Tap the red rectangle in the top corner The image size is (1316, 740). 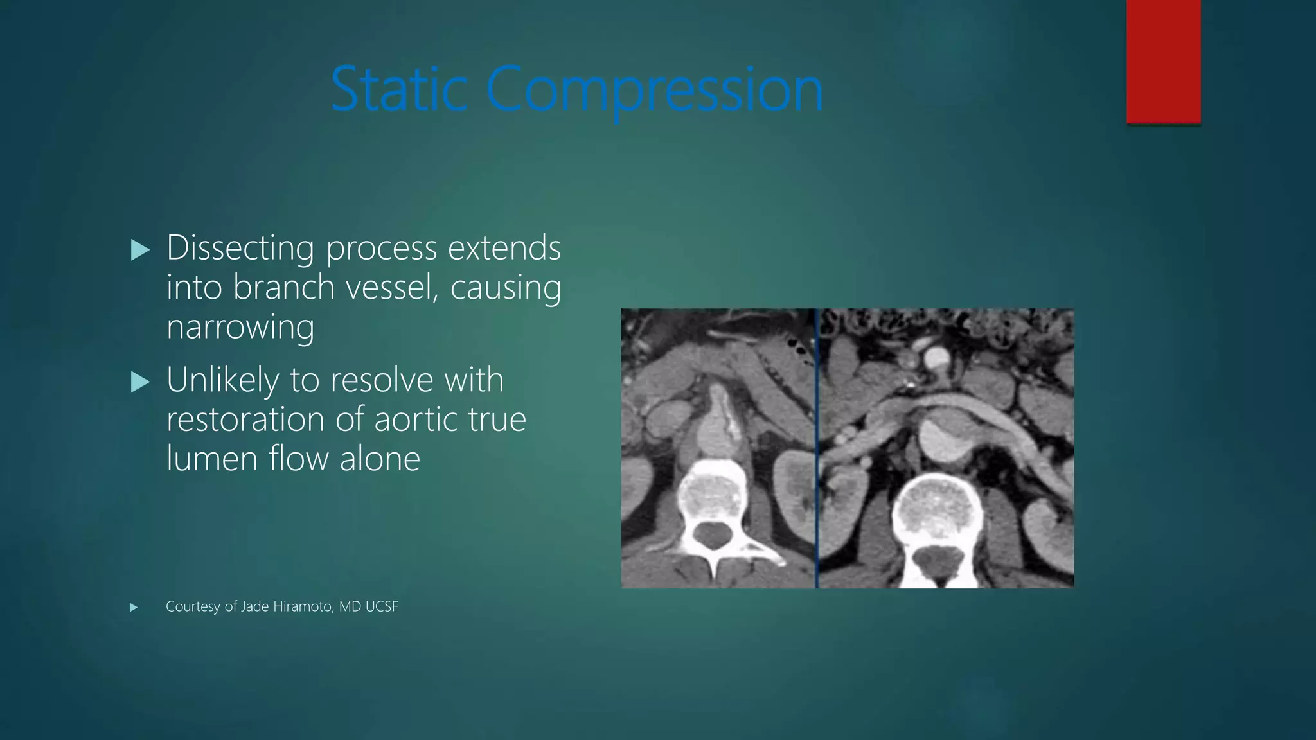click(1163, 61)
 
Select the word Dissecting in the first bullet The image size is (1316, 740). click(240, 248)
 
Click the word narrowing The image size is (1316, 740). click(240, 328)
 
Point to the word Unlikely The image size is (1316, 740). click(222, 380)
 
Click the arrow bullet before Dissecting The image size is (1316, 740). click(139, 250)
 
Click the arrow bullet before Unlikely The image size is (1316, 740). click(139, 382)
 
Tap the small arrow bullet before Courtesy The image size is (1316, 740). click(134, 607)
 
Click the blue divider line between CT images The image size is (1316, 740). click(817, 448)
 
